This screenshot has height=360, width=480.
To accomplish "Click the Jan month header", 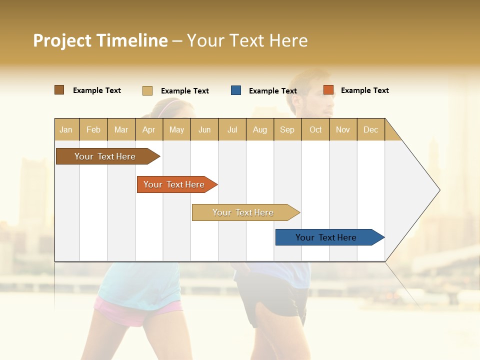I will (x=66, y=129).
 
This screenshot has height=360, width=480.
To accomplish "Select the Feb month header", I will (x=93, y=129).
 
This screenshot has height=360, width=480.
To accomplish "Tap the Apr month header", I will (x=148, y=129).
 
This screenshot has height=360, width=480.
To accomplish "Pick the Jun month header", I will (x=204, y=129).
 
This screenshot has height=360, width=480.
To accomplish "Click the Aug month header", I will (x=259, y=129).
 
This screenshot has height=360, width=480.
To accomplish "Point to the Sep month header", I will (x=287, y=129).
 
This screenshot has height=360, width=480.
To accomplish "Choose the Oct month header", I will (x=315, y=129).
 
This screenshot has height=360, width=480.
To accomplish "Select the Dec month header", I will (x=370, y=129).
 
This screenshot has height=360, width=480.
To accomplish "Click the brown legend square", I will (x=59, y=90).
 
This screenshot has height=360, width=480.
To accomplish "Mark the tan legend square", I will (x=147, y=90).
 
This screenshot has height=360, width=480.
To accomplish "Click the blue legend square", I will (x=236, y=90).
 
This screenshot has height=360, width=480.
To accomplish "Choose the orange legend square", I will (x=328, y=90).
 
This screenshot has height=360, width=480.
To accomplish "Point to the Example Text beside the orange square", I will (x=364, y=90).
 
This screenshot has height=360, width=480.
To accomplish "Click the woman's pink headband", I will (x=170, y=104).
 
